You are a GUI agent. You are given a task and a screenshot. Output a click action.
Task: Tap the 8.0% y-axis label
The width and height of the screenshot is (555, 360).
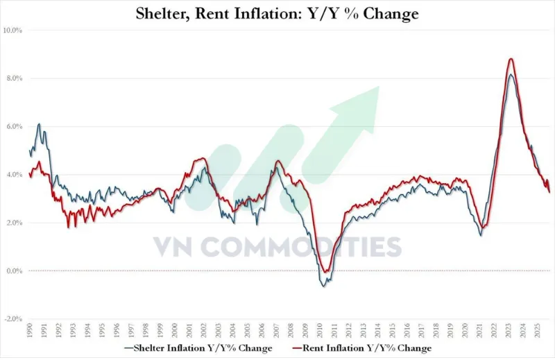(14, 78)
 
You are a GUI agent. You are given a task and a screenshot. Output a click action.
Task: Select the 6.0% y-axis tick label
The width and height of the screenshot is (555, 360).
(14, 127)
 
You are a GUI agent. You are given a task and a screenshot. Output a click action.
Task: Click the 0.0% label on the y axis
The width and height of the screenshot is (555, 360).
(14, 271)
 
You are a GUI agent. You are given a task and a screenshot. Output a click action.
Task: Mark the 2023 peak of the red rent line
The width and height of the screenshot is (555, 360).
(511, 59)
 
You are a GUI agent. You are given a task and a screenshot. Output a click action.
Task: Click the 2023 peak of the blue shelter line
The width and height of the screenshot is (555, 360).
(511, 74)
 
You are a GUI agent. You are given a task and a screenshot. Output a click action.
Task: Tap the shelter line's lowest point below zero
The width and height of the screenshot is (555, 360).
(323, 286)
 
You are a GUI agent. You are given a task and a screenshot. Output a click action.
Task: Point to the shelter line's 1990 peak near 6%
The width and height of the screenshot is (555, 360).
(39, 125)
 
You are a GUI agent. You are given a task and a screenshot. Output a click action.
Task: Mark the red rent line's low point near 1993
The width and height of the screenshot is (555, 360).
(68, 227)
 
